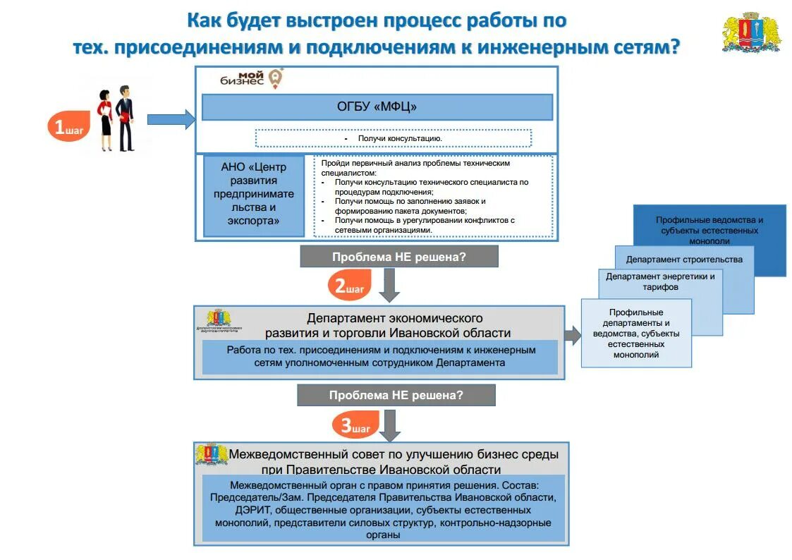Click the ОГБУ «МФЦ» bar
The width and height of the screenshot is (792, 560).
[377, 107]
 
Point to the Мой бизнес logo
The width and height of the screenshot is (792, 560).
[252, 78]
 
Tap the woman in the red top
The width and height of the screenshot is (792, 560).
[106, 120]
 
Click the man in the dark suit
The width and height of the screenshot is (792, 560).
[126, 118]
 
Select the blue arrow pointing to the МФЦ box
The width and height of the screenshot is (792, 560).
[170, 119]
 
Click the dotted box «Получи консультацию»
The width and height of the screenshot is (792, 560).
[393, 138]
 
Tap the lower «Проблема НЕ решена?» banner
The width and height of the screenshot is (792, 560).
[396, 395]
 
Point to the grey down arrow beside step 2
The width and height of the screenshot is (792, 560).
[389, 284]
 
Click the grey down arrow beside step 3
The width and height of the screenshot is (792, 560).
[389, 425]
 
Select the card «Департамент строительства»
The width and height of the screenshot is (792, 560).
[683, 259]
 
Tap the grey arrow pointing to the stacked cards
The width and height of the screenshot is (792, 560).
[572, 336]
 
